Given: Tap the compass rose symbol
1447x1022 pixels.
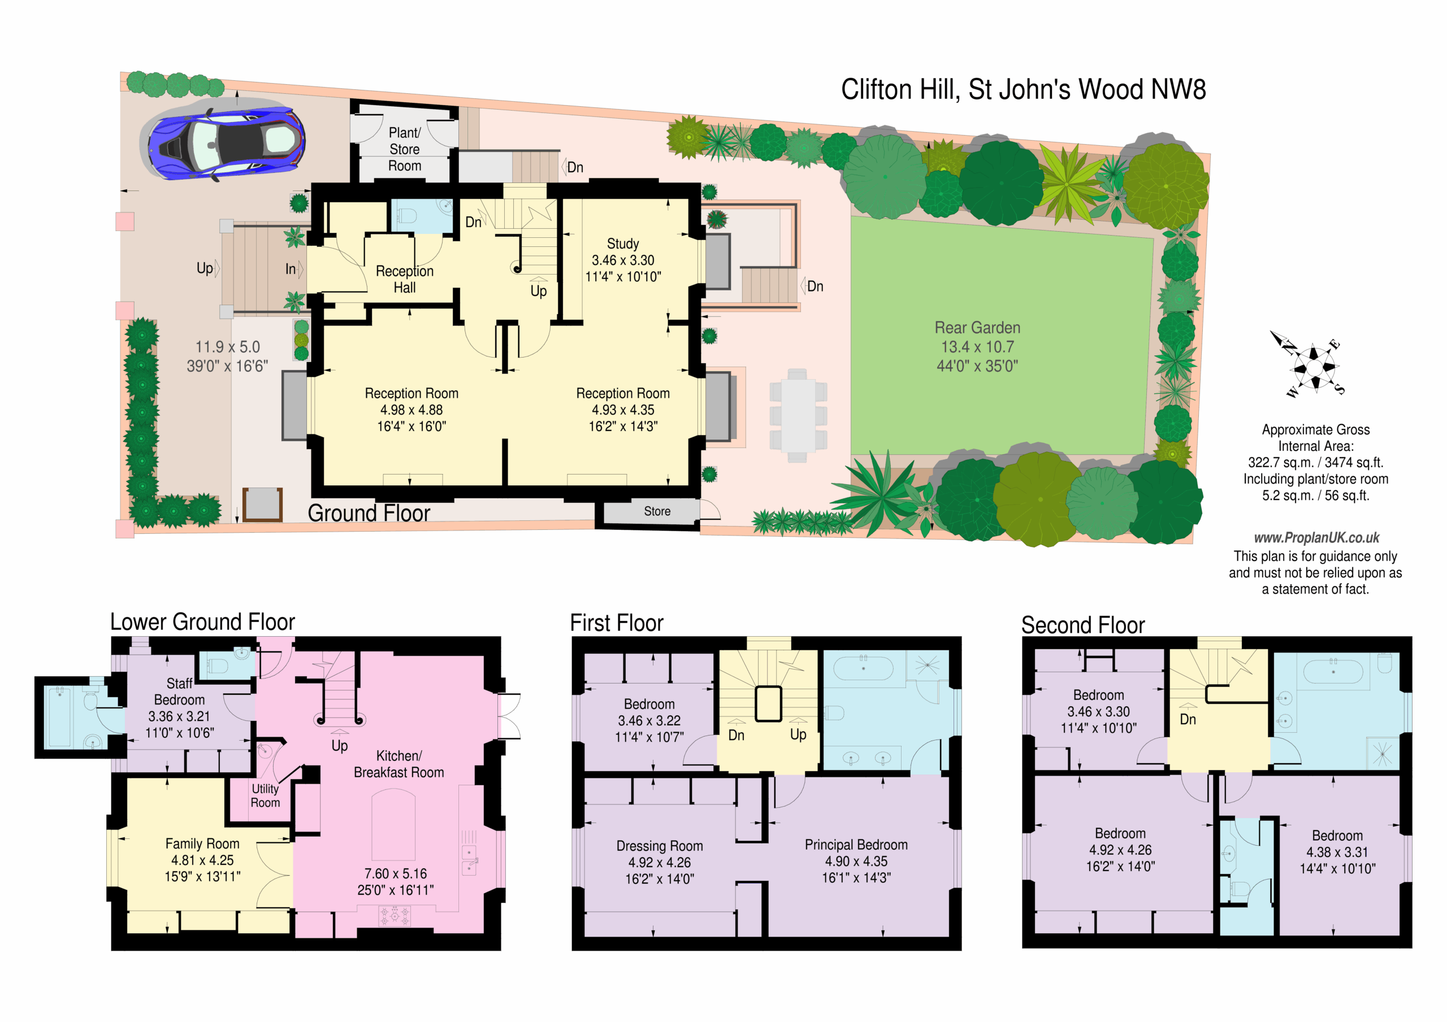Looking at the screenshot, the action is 1314,365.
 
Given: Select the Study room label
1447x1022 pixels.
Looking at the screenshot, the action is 623,244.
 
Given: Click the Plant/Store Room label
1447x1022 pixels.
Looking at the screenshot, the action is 405,149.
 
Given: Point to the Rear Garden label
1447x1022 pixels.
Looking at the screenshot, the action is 977,328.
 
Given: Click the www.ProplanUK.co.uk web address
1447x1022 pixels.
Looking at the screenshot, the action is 1316,537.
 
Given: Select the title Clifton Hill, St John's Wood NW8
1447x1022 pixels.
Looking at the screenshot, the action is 1024,89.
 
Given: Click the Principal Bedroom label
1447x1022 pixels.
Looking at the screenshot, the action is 856,845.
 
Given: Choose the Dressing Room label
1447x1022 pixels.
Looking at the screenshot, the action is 659,846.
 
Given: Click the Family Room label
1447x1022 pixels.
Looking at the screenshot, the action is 202,843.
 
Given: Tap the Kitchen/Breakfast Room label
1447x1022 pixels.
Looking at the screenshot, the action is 399,764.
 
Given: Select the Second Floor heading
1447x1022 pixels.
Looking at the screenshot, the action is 1083,625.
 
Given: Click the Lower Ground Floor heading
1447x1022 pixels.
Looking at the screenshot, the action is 202,622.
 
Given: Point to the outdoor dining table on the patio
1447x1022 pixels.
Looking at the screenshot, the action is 798,416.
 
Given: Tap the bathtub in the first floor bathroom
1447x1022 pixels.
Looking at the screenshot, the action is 864,668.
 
